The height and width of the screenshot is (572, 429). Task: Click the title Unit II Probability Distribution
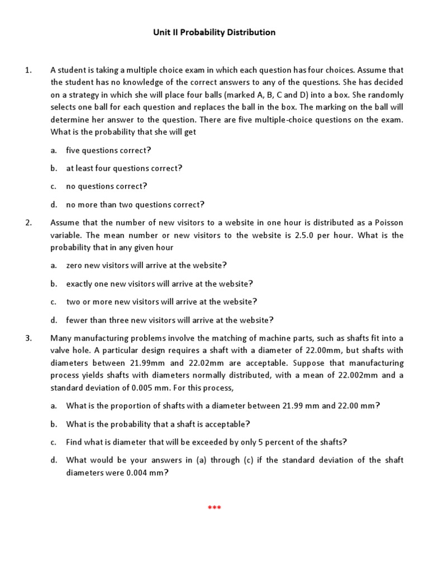click(214, 32)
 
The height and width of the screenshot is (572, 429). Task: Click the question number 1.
click(28, 70)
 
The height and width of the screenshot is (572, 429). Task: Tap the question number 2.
click(28, 222)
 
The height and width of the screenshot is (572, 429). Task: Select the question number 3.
click(28, 338)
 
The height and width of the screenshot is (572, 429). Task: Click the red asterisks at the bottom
click(214, 508)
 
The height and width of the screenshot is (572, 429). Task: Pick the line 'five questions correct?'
click(109, 150)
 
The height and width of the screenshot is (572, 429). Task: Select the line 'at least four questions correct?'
click(124, 168)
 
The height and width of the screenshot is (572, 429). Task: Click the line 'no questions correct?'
click(106, 186)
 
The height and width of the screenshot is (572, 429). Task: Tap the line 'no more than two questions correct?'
click(135, 204)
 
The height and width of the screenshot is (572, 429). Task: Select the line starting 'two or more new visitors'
click(161, 302)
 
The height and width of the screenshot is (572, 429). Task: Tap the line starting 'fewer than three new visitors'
click(170, 320)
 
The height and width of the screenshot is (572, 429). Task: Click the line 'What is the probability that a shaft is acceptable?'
click(158, 424)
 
